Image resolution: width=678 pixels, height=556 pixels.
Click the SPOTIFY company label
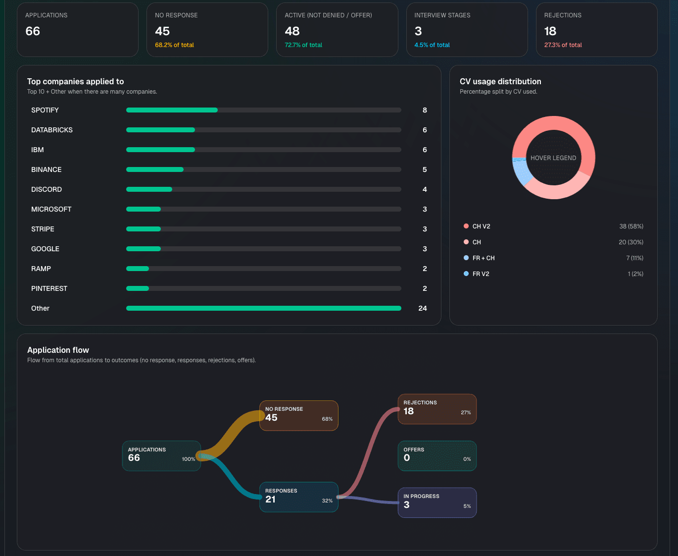click(45, 110)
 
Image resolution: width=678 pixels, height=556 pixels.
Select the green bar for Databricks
click(160, 130)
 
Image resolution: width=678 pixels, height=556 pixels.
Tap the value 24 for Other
click(422, 308)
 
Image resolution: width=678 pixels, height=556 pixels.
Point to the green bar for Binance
click(154, 169)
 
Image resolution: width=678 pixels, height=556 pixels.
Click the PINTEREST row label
click(49, 288)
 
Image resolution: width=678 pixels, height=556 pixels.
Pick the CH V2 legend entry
click(481, 226)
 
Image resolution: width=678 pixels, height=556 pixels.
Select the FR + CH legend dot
click(466, 258)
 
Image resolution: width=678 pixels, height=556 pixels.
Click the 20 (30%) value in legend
click(630, 242)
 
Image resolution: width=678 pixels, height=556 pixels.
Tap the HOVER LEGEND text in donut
click(553, 158)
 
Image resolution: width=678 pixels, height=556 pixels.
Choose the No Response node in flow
click(298, 415)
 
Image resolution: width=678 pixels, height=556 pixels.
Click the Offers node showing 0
click(436, 455)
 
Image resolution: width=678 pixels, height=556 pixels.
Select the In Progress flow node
click(436, 502)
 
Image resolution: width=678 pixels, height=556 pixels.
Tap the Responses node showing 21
click(298, 497)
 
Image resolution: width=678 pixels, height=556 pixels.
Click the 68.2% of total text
click(174, 45)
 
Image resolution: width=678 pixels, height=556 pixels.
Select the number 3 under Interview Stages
click(418, 31)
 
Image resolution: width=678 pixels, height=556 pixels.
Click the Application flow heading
click(58, 350)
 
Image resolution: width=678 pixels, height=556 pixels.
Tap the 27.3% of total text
click(563, 45)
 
